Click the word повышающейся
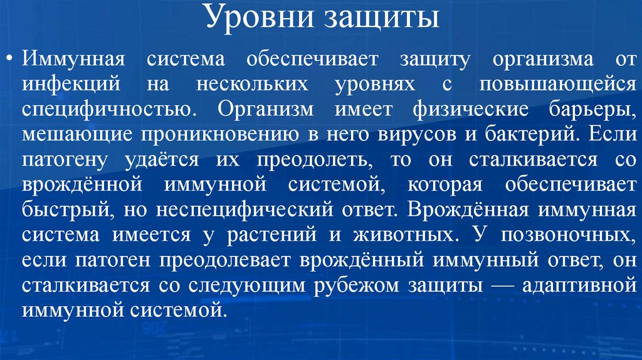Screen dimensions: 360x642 tap(554, 83)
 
